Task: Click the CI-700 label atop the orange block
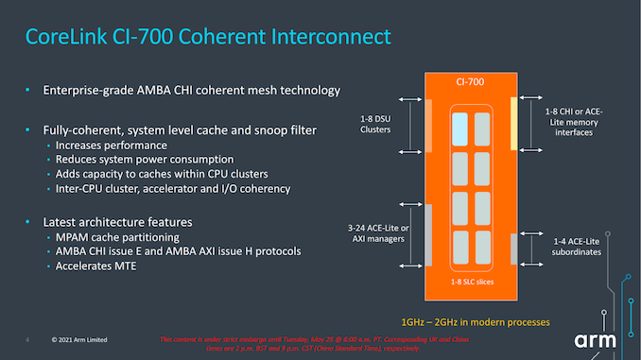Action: [x=469, y=84]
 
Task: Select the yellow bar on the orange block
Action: [x=513, y=123]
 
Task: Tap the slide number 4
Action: [x=27, y=339]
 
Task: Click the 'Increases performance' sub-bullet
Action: [x=112, y=146]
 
